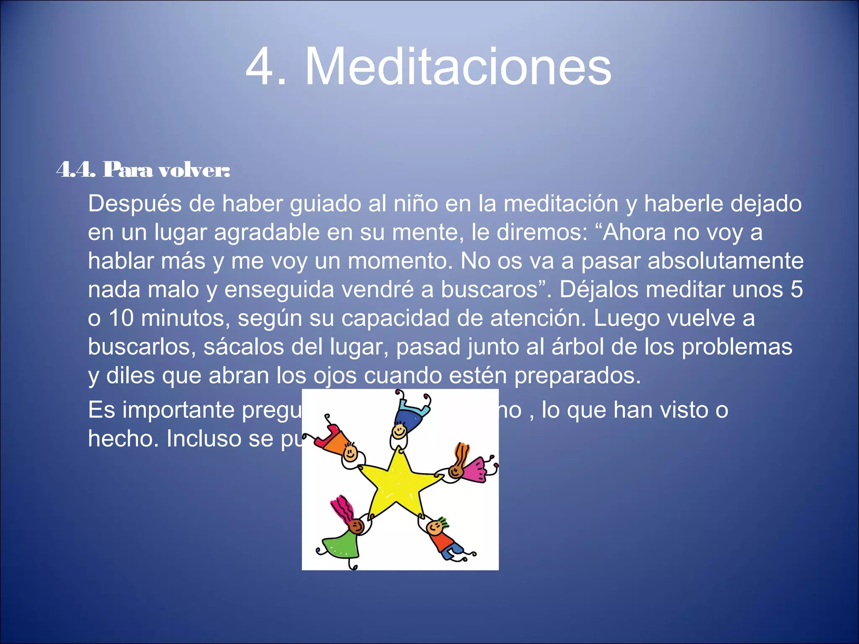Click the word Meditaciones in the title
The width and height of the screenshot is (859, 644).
point(458,67)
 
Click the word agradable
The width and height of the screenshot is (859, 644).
point(267,233)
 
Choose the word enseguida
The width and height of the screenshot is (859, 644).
point(279,290)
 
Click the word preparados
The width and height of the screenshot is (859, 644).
point(577,376)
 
